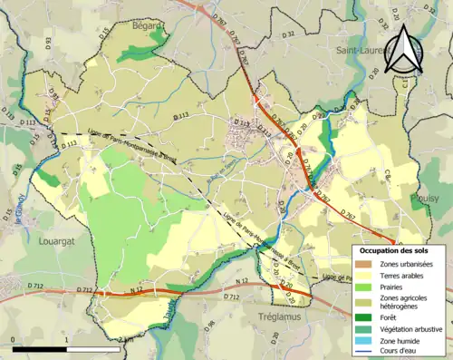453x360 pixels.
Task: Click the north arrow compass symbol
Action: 405,50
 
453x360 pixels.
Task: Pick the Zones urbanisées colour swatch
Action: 366,263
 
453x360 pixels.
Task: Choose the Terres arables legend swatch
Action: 366,275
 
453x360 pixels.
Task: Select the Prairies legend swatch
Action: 366,287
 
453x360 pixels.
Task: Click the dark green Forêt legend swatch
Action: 366,318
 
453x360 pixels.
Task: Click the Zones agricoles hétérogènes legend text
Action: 406,302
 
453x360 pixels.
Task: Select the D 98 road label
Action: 209,323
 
